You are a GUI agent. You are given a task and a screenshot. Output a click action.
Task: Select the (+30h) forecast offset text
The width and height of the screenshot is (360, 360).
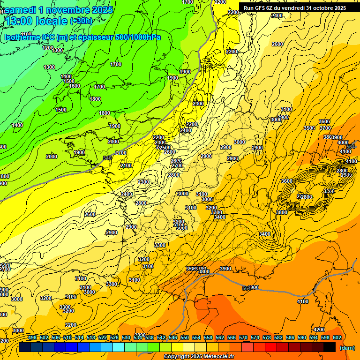[x=81, y=21]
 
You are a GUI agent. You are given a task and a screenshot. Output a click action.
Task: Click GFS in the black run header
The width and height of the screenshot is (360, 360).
[x=262, y=8]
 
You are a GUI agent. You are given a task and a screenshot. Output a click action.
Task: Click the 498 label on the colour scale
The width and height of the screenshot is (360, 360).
[x=32, y=338]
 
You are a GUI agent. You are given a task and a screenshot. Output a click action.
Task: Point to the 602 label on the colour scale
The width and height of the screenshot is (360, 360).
[x=337, y=338]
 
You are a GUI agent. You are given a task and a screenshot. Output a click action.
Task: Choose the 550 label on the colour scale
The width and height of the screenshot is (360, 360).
[x=185, y=338]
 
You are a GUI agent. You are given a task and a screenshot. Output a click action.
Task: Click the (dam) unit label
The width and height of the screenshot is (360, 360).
[x=347, y=348]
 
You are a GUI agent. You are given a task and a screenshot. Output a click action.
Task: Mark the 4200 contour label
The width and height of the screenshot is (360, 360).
[x=319, y=330]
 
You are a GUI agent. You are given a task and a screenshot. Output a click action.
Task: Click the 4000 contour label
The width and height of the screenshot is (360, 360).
[x=343, y=142]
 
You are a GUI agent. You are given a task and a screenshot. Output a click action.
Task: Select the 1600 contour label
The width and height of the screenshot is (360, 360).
[x=75, y=86]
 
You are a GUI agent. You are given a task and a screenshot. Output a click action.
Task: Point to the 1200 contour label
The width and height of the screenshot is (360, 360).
[x=48, y=48]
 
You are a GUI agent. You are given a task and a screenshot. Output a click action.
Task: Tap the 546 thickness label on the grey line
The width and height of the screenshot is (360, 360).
[x=107, y=158]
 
